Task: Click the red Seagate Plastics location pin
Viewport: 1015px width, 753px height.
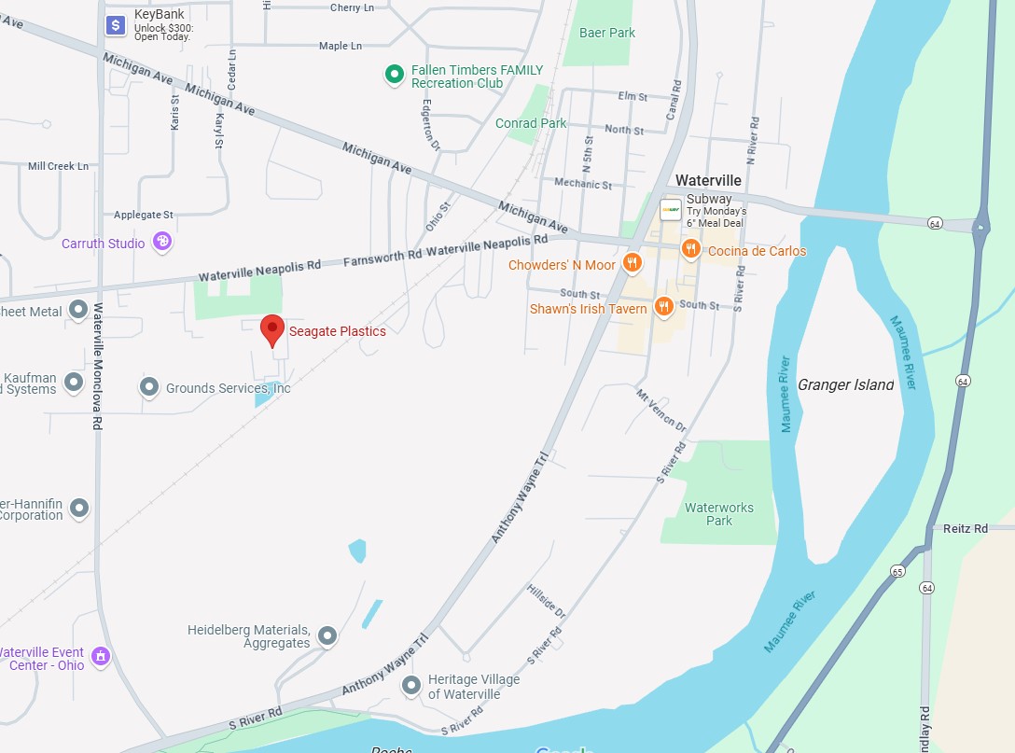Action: coord(271,329)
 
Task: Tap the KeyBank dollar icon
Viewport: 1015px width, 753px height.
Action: coord(116,25)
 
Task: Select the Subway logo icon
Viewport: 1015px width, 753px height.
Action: coord(671,210)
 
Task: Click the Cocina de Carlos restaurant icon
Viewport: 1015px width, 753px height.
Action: coord(691,248)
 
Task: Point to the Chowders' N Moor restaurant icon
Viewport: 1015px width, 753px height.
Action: coord(633,264)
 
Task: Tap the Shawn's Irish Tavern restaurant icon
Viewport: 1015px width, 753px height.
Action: coord(664,306)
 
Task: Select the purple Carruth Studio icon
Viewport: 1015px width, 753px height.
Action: coord(163,242)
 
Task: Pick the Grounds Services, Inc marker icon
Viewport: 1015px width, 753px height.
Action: coord(149,386)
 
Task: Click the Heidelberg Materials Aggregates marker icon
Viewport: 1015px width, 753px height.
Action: coord(327,636)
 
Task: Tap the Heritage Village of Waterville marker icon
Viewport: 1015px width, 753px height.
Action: coord(411,687)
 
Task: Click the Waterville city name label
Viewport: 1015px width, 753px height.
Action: coord(708,180)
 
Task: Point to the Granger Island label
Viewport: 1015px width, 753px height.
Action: coord(845,384)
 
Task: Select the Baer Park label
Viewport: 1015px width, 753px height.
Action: coord(607,33)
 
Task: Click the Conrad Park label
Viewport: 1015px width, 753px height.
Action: coord(531,123)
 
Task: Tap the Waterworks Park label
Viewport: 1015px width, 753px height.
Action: coord(718,514)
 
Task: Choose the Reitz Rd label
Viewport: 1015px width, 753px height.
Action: coord(966,528)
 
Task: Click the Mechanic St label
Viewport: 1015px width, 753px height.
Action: coord(583,184)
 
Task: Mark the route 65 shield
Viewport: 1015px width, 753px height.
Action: coord(897,571)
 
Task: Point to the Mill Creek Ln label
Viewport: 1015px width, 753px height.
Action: coord(58,166)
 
